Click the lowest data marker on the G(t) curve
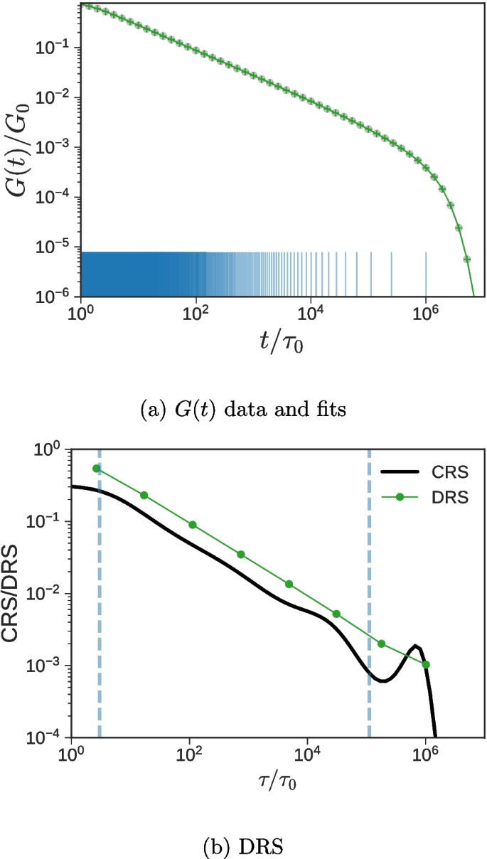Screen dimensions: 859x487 click(467, 260)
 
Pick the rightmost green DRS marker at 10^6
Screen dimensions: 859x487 click(425, 664)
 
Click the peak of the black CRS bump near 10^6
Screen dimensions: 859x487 click(417, 646)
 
